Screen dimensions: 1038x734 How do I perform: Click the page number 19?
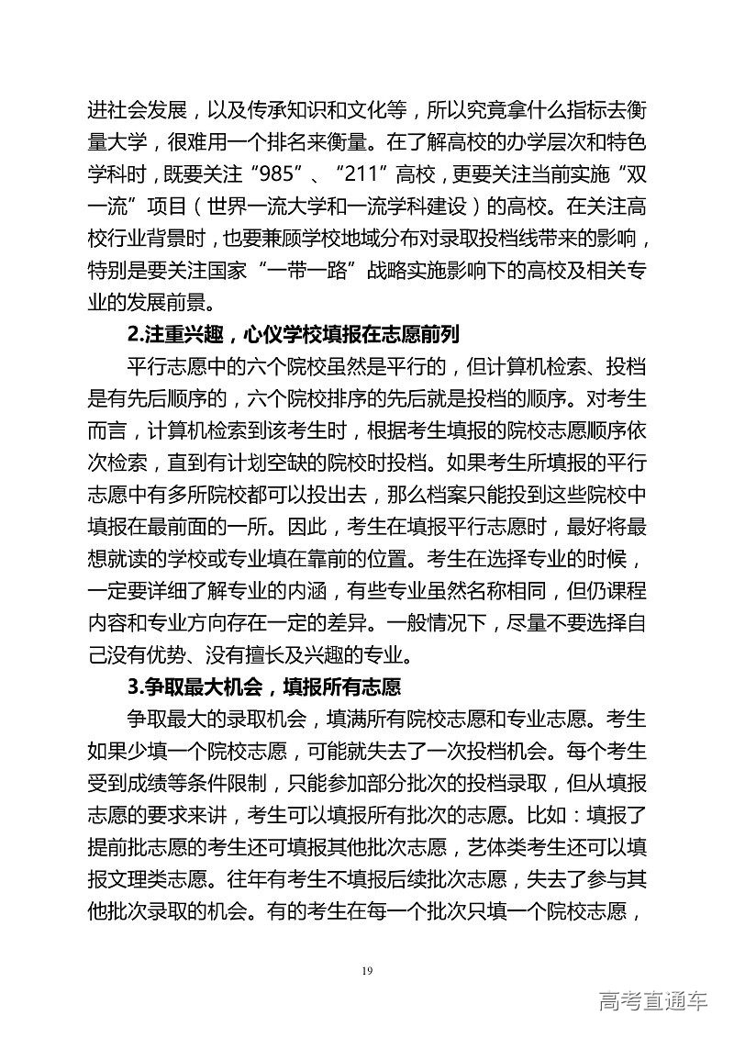pos(366,970)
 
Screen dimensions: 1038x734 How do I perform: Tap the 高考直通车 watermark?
pos(652,999)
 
